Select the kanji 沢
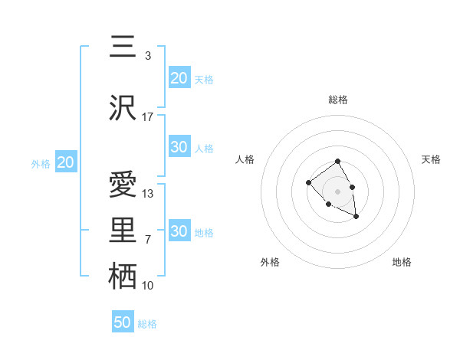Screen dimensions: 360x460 122,107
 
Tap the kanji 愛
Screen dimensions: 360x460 122,185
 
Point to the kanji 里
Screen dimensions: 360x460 122,230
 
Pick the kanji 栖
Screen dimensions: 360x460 122,276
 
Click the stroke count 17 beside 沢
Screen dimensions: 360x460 148,117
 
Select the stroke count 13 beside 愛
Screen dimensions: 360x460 148,194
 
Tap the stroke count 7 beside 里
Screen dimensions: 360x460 148,240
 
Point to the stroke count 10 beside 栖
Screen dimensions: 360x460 148,286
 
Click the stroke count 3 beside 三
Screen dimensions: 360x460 148,56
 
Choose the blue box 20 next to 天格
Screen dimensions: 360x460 179,78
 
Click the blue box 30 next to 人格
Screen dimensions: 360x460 179,147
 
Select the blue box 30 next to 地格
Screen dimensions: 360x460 179,231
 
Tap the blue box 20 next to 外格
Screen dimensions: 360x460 65,162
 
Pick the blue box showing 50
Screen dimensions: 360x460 123,322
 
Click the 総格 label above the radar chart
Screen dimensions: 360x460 338,100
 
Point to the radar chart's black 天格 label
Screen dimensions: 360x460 431,159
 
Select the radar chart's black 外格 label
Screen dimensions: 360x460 270,262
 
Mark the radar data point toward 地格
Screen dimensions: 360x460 356,218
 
